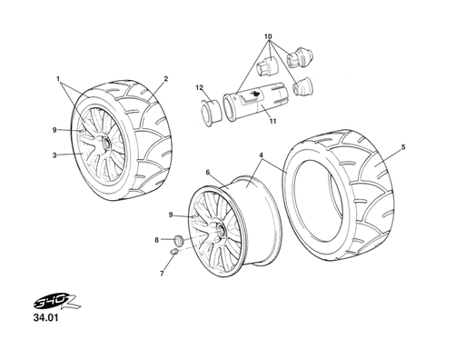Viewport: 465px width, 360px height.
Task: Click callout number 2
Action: [x=166, y=79]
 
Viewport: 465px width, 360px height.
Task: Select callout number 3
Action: [x=54, y=155]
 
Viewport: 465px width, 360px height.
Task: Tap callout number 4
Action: [x=261, y=155]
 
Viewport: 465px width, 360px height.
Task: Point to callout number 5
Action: [x=403, y=147]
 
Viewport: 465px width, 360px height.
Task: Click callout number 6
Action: [x=208, y=173]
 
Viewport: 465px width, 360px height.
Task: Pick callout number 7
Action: [x=162, y=274]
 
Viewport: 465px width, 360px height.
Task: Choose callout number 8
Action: [x=156, y=240]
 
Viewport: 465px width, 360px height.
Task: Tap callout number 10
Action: [x=268, y=36]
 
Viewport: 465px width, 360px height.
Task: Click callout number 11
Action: [x=273, y=121]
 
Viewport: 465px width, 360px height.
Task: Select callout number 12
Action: [x=199, y=88]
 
